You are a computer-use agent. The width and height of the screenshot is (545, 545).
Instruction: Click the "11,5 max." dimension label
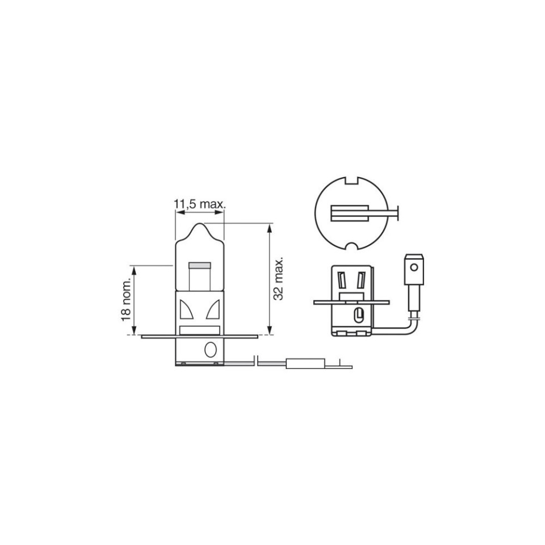point(200,204)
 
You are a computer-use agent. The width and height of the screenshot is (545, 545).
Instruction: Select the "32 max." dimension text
point(279,279)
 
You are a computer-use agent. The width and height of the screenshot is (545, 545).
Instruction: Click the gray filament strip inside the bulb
point(199,266)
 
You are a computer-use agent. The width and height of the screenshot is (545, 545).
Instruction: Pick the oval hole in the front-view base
point(211,350)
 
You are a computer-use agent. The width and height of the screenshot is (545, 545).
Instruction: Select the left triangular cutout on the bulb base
point(186,309)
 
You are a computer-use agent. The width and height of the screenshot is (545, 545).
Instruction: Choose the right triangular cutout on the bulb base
point(213,309)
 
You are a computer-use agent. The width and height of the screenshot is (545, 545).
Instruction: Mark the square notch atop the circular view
point(352,181)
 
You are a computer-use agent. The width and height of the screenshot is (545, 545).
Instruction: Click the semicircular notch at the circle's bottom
point(352,246)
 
